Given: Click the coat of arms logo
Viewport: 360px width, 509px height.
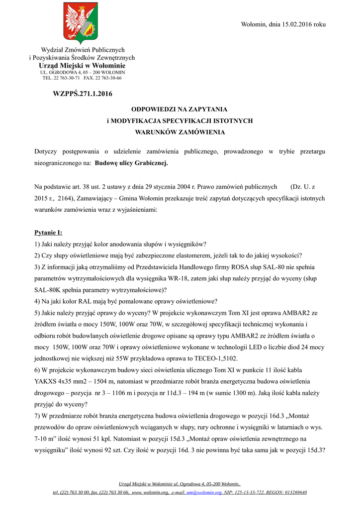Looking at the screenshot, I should point(81,24).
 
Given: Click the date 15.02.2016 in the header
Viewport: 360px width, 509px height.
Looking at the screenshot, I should point(297,24).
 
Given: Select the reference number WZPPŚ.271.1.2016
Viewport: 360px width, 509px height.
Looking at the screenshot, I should point(83,93).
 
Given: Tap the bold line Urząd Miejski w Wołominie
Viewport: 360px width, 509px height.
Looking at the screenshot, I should point(82,66).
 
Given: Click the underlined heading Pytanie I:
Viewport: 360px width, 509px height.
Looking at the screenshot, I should point(48,232).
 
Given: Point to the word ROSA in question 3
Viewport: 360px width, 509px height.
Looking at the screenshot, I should point(241,267).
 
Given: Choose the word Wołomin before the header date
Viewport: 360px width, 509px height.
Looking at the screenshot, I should point(254,24).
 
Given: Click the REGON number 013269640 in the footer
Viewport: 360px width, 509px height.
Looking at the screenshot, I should point(291,492).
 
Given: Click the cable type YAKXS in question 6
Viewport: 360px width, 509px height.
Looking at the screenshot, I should point(46,381).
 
